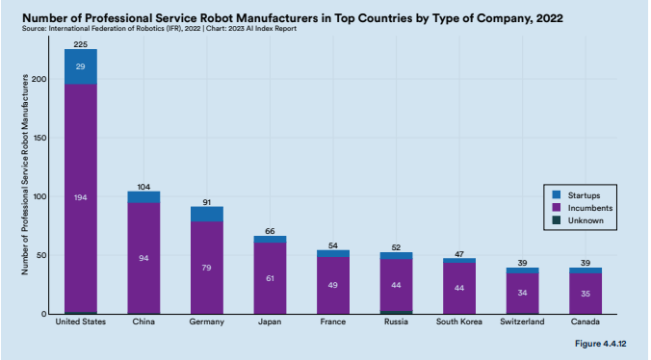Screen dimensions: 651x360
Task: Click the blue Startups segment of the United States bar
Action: point(81,66)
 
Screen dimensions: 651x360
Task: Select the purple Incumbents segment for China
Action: point(143,258)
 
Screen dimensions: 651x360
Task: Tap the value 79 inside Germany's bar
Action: point(207,268)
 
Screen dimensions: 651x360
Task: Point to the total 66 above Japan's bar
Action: point(270,231)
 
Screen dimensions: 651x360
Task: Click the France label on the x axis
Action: point(333,321)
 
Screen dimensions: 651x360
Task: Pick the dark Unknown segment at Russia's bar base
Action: point(396,312)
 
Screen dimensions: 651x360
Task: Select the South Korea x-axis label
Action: point(459,321)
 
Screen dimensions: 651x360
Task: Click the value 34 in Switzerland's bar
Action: point(522,293)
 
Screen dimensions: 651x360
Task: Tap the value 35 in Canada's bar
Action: point(586,294)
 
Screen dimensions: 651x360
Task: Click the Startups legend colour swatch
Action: point(557,195)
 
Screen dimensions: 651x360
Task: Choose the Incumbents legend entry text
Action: point(590,208)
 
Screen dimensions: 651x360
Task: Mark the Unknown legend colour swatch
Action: point(557,220)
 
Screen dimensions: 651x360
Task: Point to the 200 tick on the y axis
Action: point(40,79)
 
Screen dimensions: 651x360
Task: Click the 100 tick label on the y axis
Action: point(40,196)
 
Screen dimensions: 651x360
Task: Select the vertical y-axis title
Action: point(25,174)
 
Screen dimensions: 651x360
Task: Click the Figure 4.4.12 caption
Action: point(600,344)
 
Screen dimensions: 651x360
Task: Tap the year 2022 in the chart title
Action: point(549,18)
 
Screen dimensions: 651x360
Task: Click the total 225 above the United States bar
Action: point(81,44)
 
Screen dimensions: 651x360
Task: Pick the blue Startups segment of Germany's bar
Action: point(207,214)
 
